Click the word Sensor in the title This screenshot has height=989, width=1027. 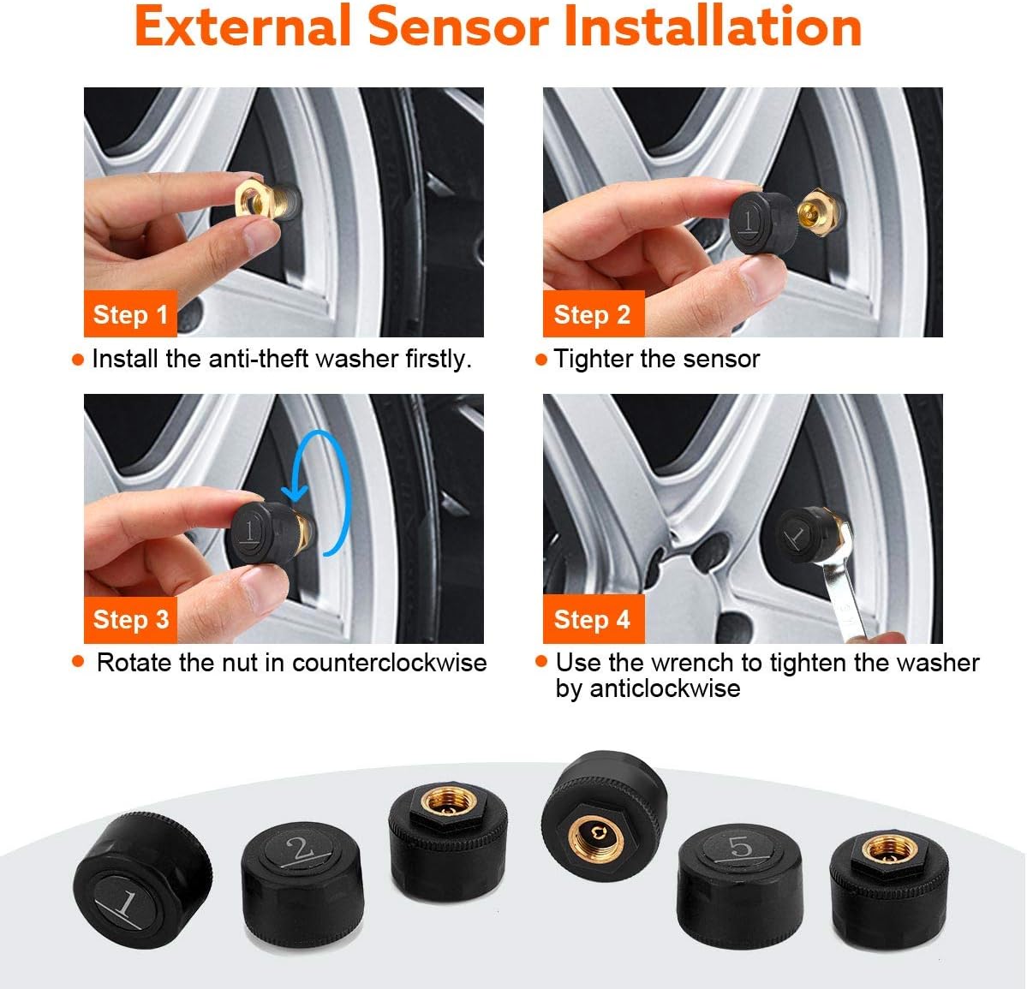(457, 27)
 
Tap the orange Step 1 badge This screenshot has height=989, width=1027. (130, 313)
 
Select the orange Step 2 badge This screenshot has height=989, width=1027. (594, 313)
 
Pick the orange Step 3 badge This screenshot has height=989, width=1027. (130, 619)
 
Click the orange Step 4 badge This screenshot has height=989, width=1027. (594, 619)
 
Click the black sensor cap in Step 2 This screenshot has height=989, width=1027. (763, 222)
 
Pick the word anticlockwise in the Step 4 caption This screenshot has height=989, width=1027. (665, 689)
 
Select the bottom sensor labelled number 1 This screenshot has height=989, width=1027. (142, 880)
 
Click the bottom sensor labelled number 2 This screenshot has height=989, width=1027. (302, 884)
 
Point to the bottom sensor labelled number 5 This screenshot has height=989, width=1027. (739, 885)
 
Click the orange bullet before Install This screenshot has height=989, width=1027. (78, 360)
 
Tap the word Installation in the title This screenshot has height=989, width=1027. (713, 27)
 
